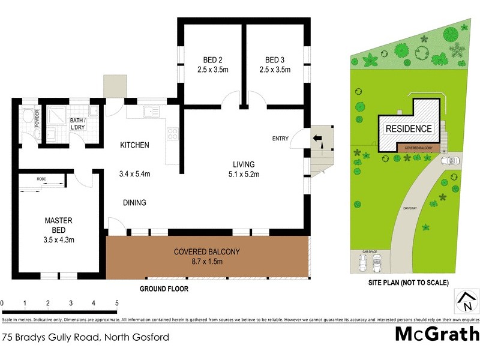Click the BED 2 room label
212,59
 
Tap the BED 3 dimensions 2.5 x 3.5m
274,70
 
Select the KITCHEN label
134,145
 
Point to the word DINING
134,203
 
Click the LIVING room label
244,164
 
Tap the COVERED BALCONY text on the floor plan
206,252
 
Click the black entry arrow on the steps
317,140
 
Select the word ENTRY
280,139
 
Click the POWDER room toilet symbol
27,115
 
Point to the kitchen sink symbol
149,111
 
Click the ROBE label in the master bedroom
41,179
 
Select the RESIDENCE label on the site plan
408,128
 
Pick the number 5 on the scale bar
116,304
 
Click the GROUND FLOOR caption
164,289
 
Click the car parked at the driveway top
450,161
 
